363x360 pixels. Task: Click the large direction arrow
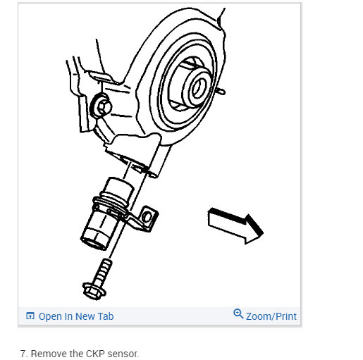click(235, 225)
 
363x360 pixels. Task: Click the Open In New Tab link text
click(76, 316)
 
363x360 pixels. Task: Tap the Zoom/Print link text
click(271, 316)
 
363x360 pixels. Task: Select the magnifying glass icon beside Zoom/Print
click(238, 314)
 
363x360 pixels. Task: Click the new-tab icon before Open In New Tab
click(30, 316)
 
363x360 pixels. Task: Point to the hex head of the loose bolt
click(93, 292)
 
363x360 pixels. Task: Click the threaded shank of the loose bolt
click(103, 271)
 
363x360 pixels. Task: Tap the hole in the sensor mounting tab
click(147, 217)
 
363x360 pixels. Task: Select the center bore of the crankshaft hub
click(199, 89)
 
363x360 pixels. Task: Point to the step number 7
click(23, 354)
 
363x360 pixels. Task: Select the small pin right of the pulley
click(221, 91)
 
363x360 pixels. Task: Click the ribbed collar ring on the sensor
click(111, 204)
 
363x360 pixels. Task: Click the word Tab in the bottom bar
click(106, 316)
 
